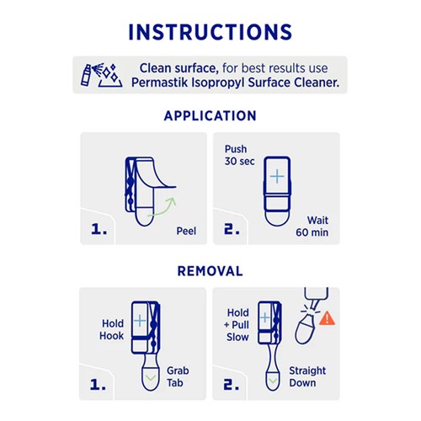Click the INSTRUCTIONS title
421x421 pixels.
coord(210,32)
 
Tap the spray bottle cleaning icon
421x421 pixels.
coord(102,75)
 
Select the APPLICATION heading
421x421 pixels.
coord(210,115)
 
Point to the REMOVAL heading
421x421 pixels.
coord(210,271)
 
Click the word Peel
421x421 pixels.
coord(186,231)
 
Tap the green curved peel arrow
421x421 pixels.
coord(163,208)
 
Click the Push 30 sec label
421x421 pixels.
coord(240,155)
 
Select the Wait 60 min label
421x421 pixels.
coord(312,226)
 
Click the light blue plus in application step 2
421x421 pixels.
coord(277,176)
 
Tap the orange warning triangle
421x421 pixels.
coord(328,318)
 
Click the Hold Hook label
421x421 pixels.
coord(112,329)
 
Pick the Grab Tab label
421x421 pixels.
coord(178,376)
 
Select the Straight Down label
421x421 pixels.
coord(307,376)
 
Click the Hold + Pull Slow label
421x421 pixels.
coord(237,325)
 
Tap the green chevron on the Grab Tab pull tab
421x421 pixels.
coord(151,378)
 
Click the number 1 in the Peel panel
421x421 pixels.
coord(99,229)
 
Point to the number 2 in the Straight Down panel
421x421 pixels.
coord(232,384)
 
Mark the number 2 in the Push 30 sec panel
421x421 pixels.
coord(232,229)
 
